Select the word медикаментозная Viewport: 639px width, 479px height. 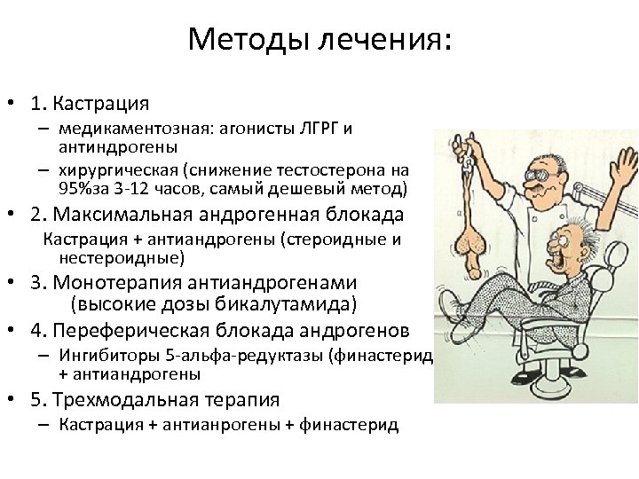pos(132,129)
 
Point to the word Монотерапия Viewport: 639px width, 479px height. pos(116,283)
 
